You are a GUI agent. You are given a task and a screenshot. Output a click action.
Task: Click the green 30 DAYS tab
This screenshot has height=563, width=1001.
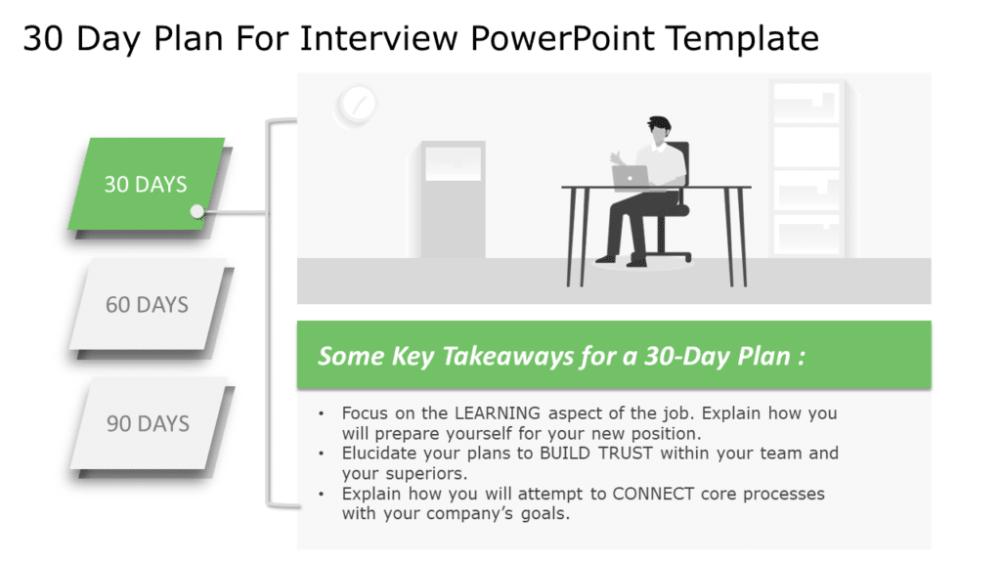pos(146,183)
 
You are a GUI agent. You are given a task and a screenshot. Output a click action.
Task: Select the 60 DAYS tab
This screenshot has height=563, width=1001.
pos(147,304)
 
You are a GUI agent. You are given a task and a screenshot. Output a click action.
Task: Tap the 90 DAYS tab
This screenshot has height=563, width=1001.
pos(148,423)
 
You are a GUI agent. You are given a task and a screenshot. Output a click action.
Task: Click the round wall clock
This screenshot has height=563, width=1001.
pos(356,103)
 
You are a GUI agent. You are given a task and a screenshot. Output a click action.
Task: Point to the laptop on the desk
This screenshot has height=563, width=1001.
pos(631,176)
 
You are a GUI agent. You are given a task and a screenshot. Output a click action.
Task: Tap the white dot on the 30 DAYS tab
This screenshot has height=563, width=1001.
pos(197,211)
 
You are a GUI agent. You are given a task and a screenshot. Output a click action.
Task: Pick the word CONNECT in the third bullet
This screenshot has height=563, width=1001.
pos(654,494)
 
